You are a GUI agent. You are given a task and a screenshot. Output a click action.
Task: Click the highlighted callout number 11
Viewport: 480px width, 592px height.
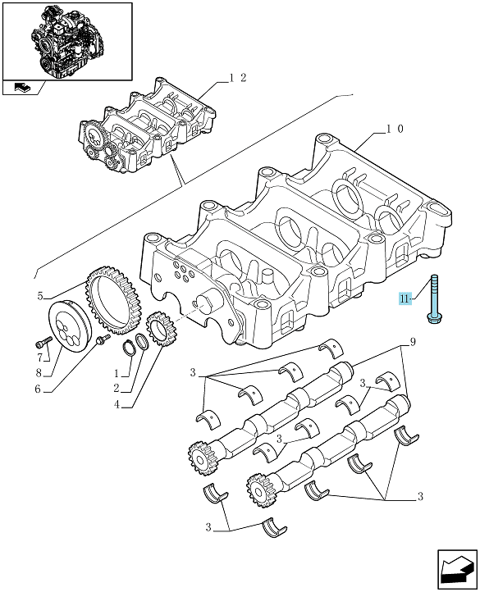click(x=405, y=299)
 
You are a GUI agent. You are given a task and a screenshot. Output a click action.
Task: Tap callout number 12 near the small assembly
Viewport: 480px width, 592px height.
click(x=238, y=78)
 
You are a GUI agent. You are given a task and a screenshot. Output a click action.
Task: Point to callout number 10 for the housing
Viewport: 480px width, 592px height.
click(x=395, y=129)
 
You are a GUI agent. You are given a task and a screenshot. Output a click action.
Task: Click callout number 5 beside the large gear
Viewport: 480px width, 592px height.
click(x=40, y=296)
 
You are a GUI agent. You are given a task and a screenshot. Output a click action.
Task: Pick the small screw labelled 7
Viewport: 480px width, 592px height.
click(x=44, y=343)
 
